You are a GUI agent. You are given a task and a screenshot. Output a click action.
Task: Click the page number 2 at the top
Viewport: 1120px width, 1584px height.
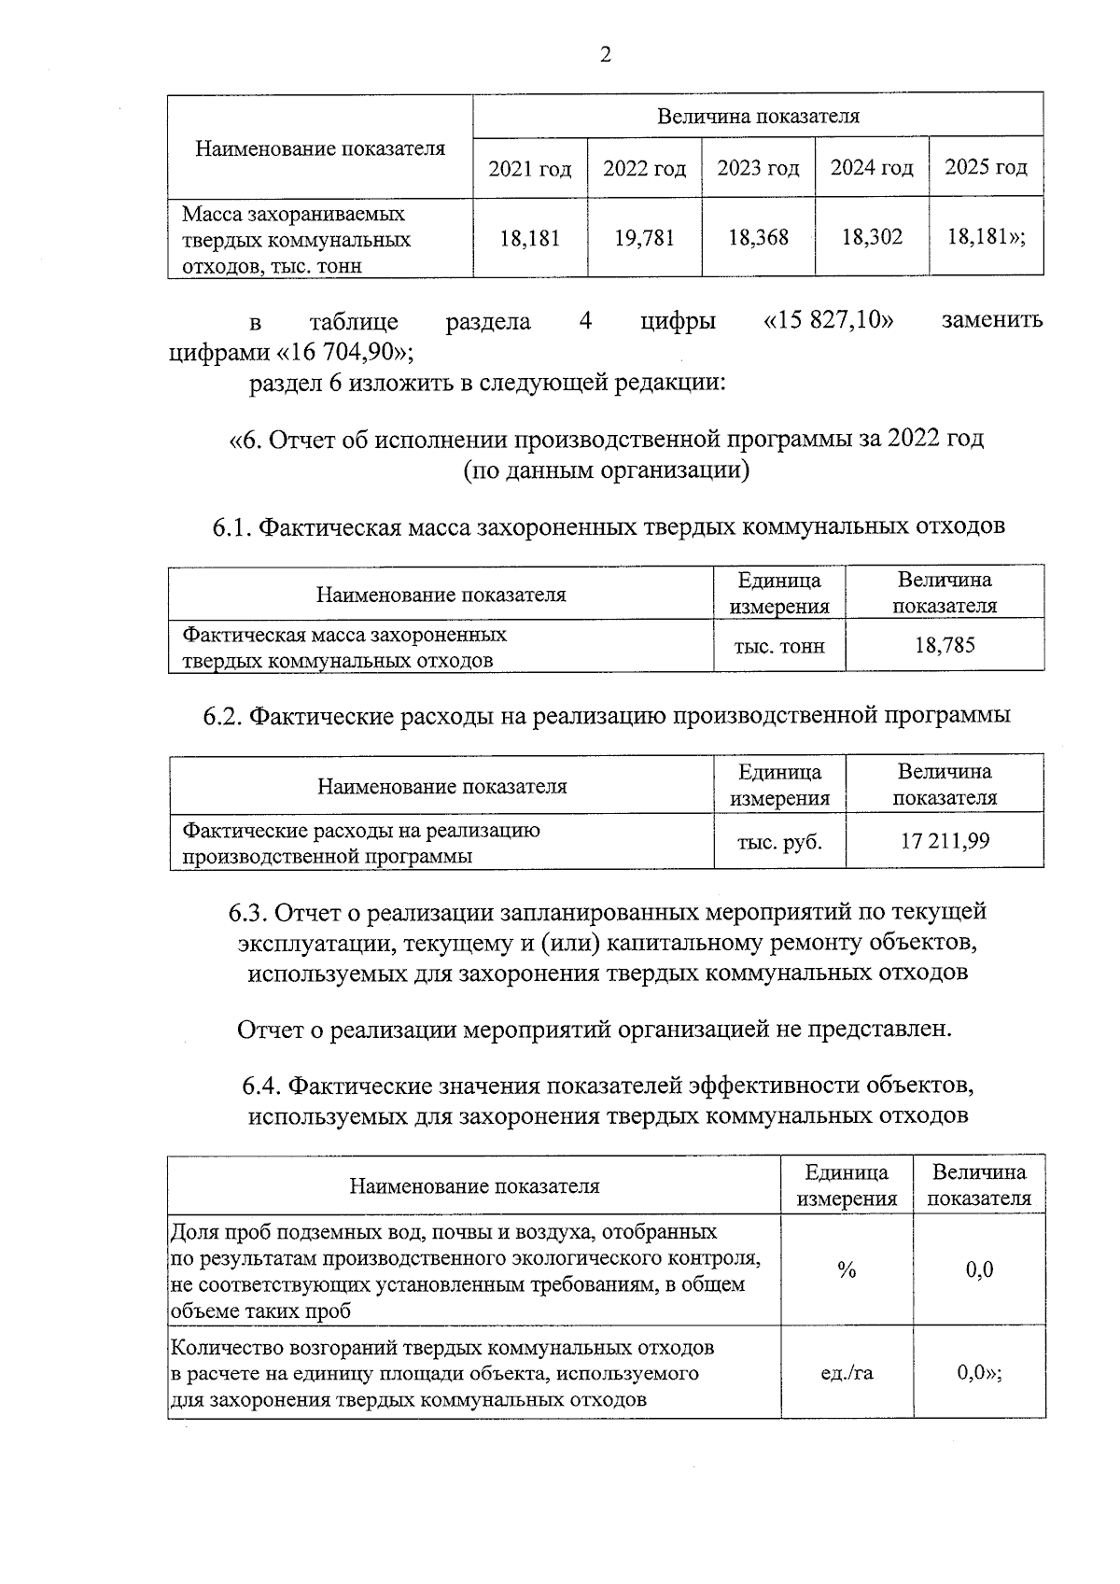(605, 56)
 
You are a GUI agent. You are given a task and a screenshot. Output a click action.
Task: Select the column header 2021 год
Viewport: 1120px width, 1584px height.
(529, 169)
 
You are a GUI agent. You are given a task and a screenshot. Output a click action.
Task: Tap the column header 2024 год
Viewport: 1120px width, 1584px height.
(872, 168)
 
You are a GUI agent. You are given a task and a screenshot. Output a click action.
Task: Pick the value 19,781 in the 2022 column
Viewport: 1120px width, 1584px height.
(644, 238)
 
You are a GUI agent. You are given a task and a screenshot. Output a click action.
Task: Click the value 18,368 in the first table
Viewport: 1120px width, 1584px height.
(758, 238)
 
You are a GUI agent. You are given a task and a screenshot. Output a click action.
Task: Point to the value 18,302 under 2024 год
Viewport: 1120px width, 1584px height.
(872, 237)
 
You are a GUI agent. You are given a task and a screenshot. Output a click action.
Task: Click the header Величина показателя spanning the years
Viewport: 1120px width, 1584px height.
(758, 117)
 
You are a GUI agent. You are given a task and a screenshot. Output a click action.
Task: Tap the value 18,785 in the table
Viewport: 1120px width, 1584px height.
(945, 645)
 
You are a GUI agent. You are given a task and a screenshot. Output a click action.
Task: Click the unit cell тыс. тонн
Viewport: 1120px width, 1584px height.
(779, 646)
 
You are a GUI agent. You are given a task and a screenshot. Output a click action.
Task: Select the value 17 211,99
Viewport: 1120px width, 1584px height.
(945, 841)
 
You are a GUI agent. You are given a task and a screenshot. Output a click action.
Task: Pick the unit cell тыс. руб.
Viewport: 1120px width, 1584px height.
(779, 842)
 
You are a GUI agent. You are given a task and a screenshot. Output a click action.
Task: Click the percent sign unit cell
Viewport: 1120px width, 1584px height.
(847, 1269)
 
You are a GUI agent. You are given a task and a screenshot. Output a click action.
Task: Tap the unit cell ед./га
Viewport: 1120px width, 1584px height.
(847, 1373)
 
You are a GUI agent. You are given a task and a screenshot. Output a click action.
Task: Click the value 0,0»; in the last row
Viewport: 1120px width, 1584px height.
(979, 1373)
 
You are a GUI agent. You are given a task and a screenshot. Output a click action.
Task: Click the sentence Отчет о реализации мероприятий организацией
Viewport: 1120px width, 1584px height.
(594, 1030)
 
